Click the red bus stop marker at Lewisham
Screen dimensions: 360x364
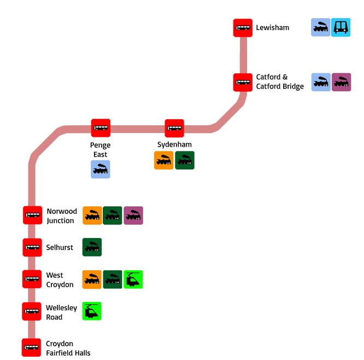coord(243,28)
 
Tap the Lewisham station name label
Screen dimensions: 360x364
coord(272,28)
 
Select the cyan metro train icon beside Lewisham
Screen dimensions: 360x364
coord(341,28)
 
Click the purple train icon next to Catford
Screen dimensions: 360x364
coord(341,82)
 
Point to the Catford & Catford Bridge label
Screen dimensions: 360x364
coord(279,82)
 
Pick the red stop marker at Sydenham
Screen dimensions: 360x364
coord(174,128)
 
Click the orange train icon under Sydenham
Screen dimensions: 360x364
coord(163,160)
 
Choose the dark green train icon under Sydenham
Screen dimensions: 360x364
coord(185,160)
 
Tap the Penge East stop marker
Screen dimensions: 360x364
coord(101,128)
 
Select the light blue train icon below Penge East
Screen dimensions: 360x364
coord(101,170)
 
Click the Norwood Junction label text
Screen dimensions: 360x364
coord(61,216)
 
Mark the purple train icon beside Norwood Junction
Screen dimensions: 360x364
coord(133,216)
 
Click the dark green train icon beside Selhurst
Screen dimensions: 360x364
coord(92,247)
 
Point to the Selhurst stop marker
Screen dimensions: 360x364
coord(32,247)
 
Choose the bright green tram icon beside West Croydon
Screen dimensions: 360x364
coord(133,280)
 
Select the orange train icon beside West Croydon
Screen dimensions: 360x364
coord(92,280)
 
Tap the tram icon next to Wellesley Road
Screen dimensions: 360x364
coord(92,311)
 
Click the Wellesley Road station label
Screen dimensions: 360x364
coord(61,312)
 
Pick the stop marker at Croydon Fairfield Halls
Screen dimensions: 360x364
coord(32,347)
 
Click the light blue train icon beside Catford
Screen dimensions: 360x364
coord(321,82)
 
